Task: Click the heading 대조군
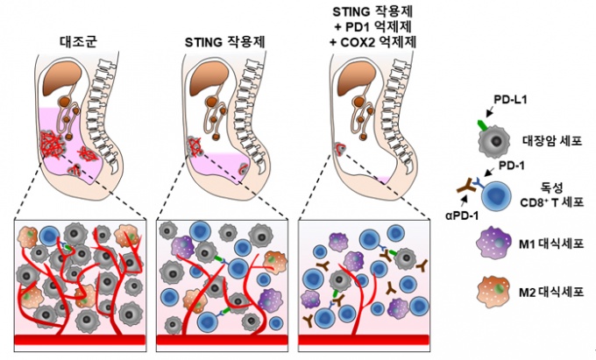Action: pos(77,39)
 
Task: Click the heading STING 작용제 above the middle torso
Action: pos(215,39)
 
